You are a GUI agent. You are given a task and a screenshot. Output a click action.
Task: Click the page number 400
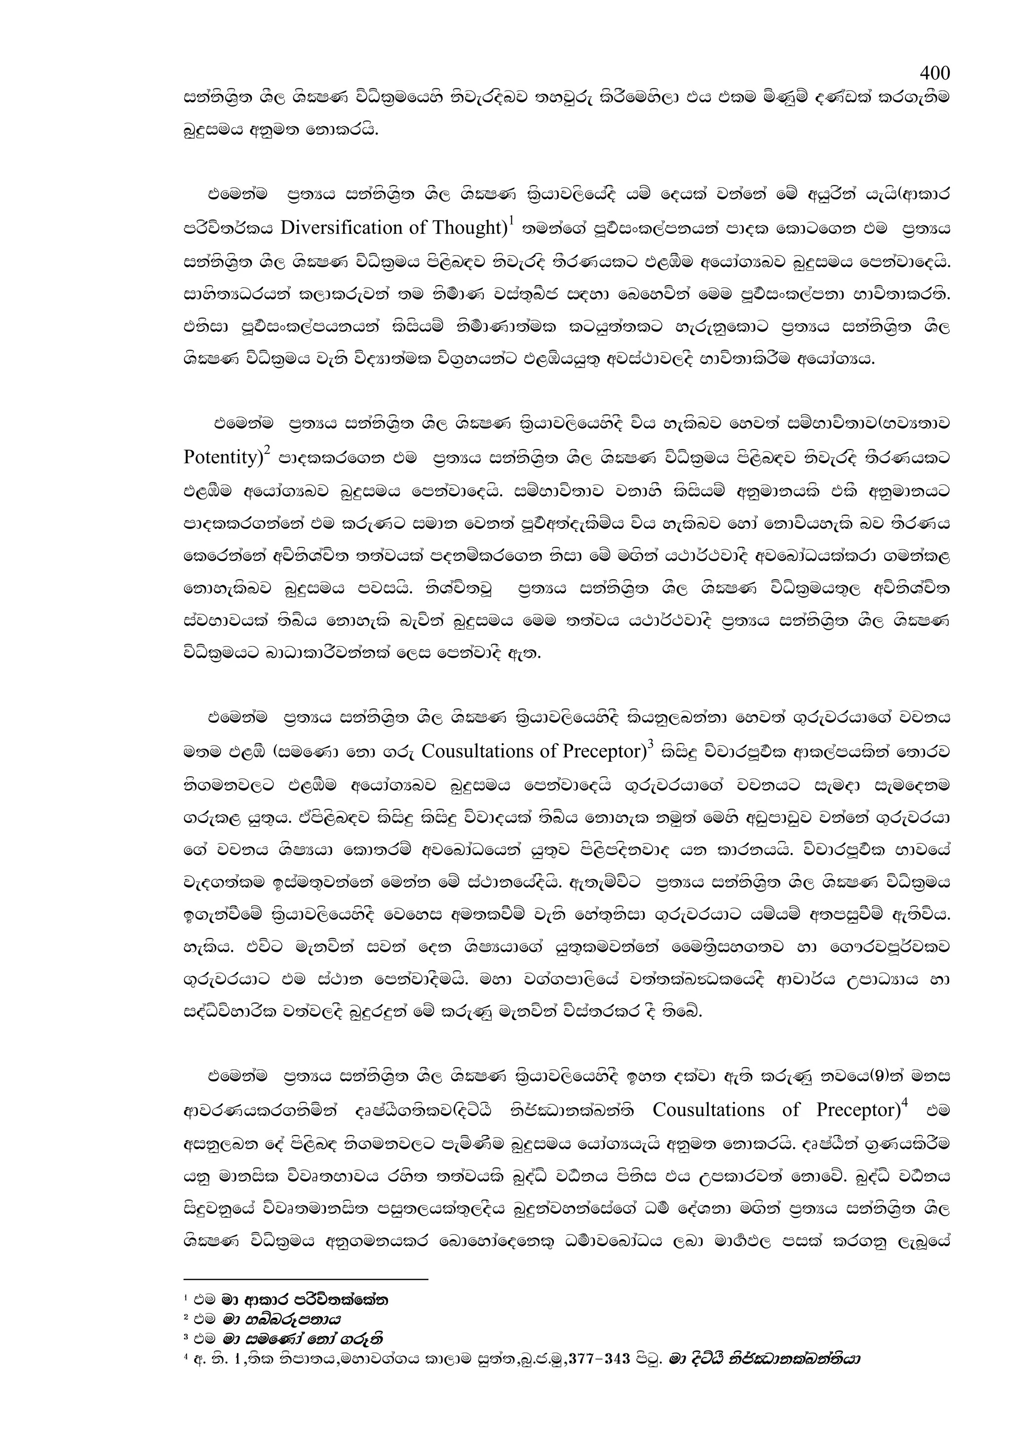[934, 74]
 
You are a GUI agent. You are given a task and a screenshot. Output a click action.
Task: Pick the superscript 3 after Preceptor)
[650, 743]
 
